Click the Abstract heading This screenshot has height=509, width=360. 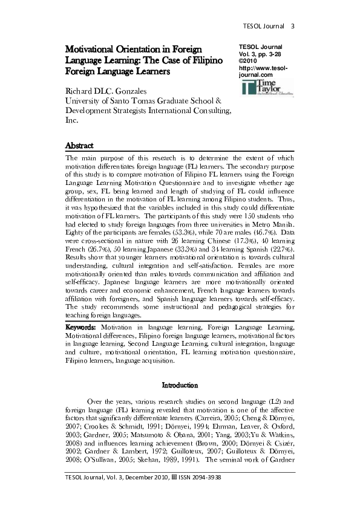point(80,145)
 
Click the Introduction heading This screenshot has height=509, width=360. point(180,384)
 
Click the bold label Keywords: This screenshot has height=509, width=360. point(83,327)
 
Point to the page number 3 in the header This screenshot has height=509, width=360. point(292,26)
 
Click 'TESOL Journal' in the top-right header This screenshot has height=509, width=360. point(264,26)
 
